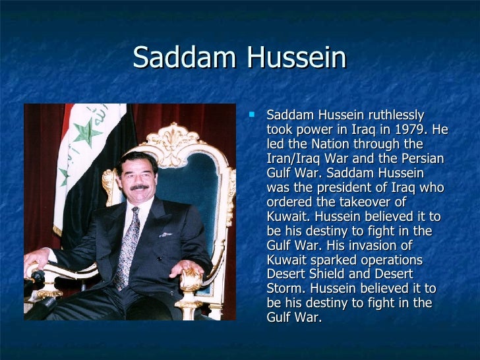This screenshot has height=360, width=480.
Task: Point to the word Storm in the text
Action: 283,289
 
